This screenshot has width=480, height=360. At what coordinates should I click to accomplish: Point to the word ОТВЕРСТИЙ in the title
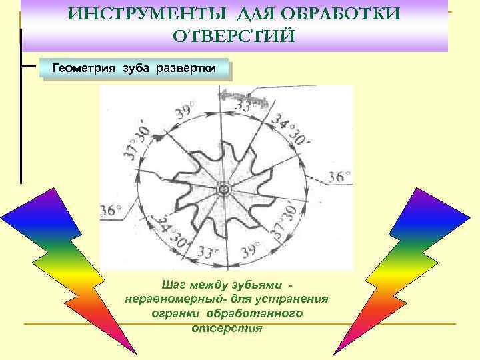pyautogui.click(x=233, y=35)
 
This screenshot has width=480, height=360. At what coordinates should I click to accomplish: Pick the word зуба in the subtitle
pyautogui.click(x=137, y=69)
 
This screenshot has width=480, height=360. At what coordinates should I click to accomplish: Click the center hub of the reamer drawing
pyautogui.click(x=223, y=191)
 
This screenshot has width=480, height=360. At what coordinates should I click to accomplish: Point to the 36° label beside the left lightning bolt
pyautogui.click(x=111, y=211)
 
